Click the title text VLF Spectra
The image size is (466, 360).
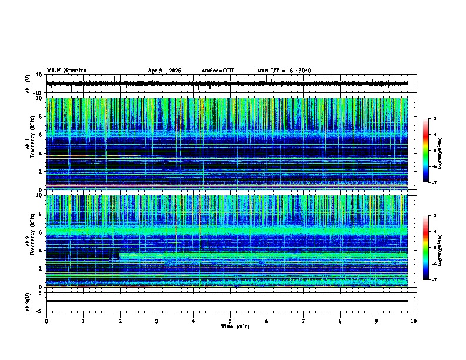coord(66,71)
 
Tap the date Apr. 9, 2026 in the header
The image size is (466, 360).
coord(164,71)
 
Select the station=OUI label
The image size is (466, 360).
coord(218,71)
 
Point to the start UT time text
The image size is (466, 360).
coord(284,71)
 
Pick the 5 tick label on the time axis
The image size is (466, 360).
coord(230,321)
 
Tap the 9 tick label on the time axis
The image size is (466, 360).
coord(377,321)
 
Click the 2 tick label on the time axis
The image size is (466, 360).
coord(120,321)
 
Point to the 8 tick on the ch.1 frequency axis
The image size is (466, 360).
coord(41,116)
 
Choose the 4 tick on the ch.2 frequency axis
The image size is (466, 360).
coord(41,251)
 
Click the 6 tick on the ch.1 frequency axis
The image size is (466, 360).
coord(41,135)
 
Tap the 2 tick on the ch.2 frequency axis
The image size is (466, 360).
coord(41,269)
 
